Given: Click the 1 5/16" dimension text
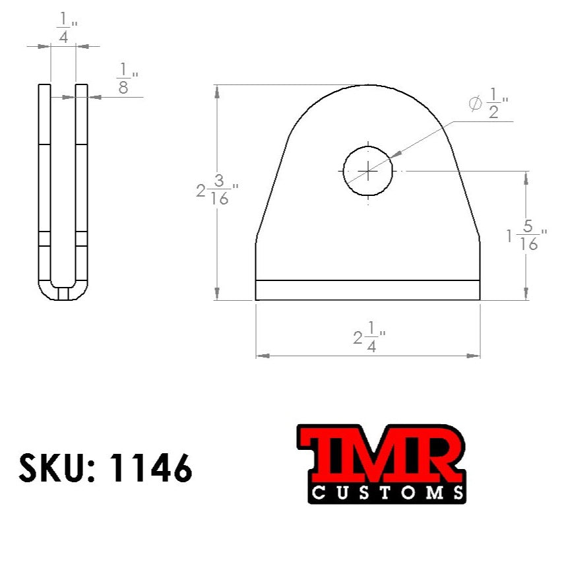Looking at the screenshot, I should [526, 236].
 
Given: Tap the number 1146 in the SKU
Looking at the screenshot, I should [152, 469].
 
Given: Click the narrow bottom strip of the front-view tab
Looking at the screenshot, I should [367, 290].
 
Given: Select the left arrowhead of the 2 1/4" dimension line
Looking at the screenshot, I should [263, 356].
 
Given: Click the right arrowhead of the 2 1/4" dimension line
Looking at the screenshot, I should [473, 356].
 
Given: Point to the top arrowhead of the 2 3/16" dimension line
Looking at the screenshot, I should [218, 92].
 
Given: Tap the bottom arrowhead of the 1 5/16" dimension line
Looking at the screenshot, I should [526, 294].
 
